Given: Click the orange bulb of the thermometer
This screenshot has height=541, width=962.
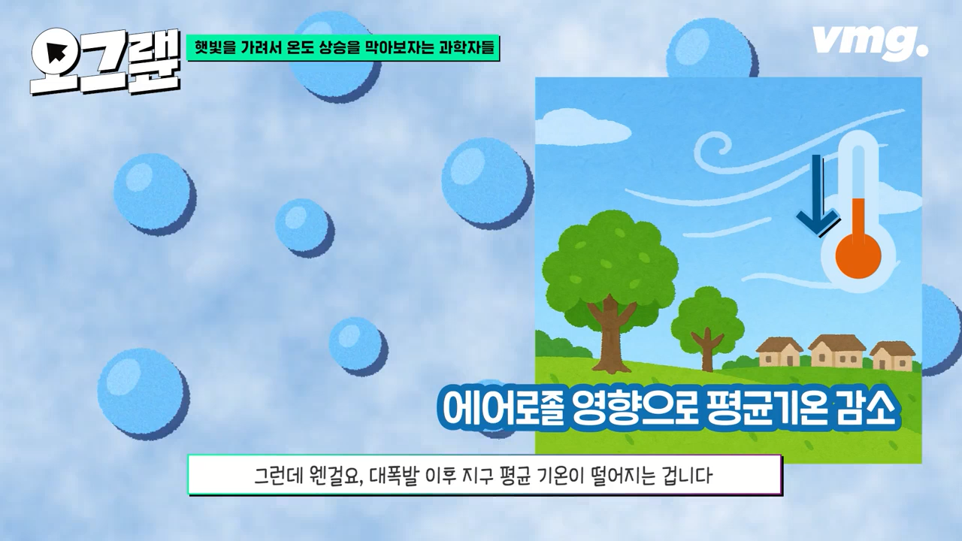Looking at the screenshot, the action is click(x=858, y=256).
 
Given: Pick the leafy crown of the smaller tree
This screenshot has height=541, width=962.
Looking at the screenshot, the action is click(x=707, y=315).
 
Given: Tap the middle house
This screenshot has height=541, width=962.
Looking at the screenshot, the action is click(x=836, y=350).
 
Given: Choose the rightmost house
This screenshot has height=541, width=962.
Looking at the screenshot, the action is click(x=892, y=355).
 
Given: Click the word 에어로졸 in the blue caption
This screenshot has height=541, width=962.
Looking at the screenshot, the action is click(x=502, y=408).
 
